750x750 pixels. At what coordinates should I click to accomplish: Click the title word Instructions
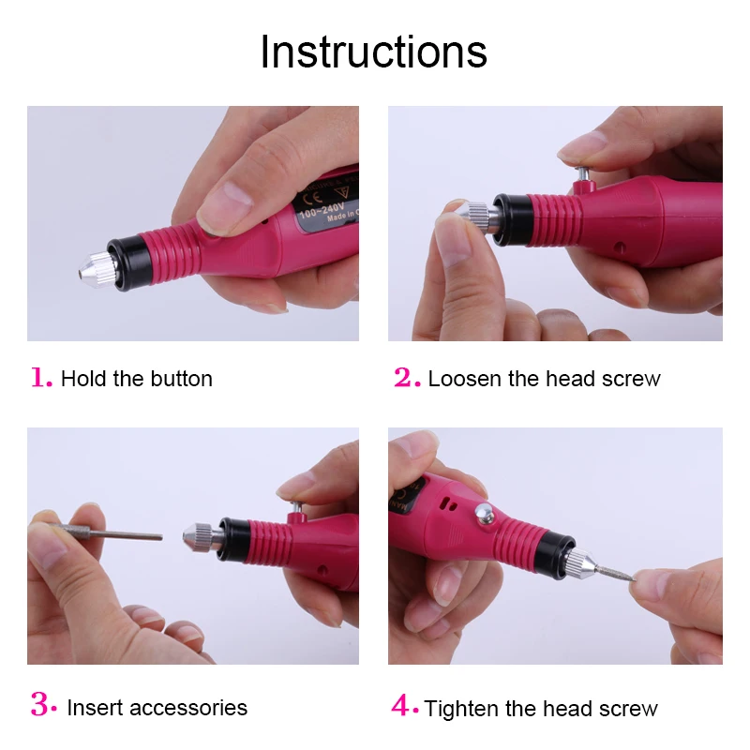(373, 52)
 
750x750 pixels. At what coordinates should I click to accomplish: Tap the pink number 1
(40, 377)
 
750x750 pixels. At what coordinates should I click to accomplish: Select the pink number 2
(406, 377)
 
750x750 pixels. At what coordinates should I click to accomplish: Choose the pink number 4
(404, 706)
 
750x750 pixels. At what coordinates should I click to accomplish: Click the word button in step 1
(181, 379)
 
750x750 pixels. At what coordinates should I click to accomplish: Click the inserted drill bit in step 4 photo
(613, 571)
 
